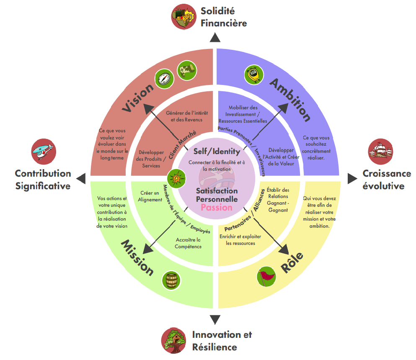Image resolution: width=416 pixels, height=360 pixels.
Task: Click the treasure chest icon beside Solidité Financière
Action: coord(184,16)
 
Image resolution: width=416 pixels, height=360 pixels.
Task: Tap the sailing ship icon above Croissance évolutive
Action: coord(380,151)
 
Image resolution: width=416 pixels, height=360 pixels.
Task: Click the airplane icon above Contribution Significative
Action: coord(44,151)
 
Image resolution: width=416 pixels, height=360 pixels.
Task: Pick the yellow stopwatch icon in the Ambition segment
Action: coord(254,75)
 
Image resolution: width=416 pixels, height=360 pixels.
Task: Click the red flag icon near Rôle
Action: coord(266,277)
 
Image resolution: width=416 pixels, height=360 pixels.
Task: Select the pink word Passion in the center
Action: coord(216,207)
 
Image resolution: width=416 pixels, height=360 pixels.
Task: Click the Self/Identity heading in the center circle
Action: coord(217,152)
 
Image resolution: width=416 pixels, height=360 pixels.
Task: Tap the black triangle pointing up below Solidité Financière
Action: coord(215,38)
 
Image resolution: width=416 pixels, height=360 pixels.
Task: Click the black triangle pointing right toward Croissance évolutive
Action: coord(351,179)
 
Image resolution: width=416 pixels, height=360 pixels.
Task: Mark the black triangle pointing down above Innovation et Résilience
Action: coord(215,320)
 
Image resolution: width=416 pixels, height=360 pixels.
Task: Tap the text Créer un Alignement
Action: coord(150,196)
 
